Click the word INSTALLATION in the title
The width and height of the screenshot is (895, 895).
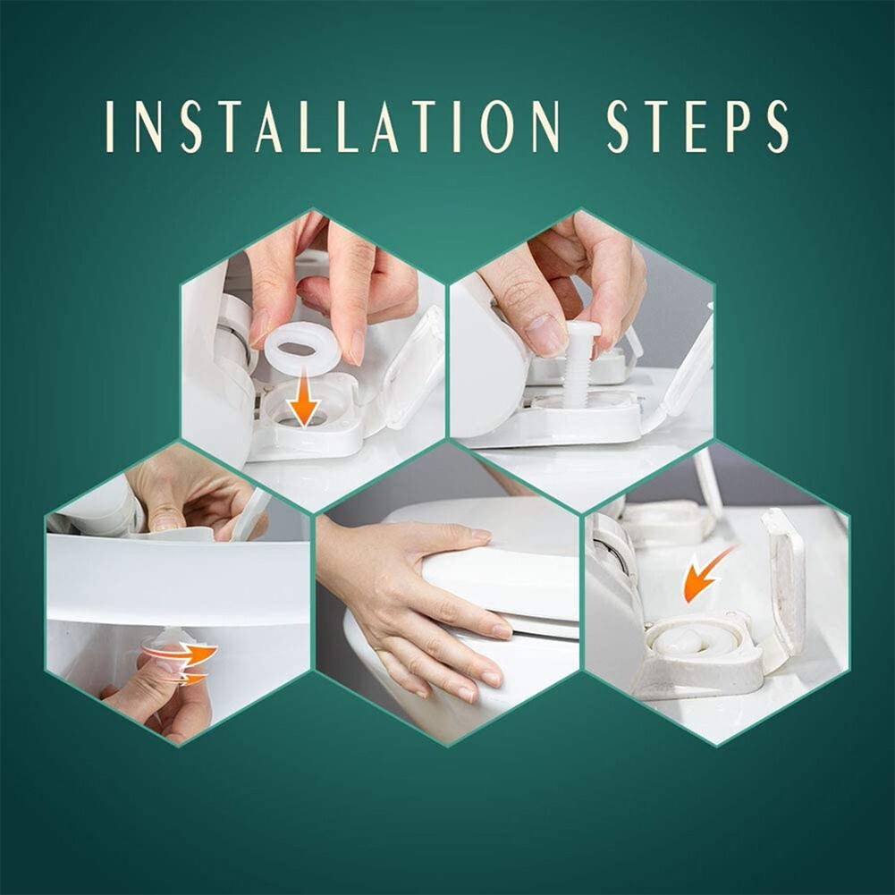pyautogui.click(x=332, y=126)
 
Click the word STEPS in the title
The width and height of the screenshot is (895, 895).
pyautogui.click(x=697, y=126)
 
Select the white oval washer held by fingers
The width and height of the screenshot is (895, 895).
pyautogui.click(x=301, y=349)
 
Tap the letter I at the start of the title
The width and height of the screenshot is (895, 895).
pyautogui.click(x=109, y=126)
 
